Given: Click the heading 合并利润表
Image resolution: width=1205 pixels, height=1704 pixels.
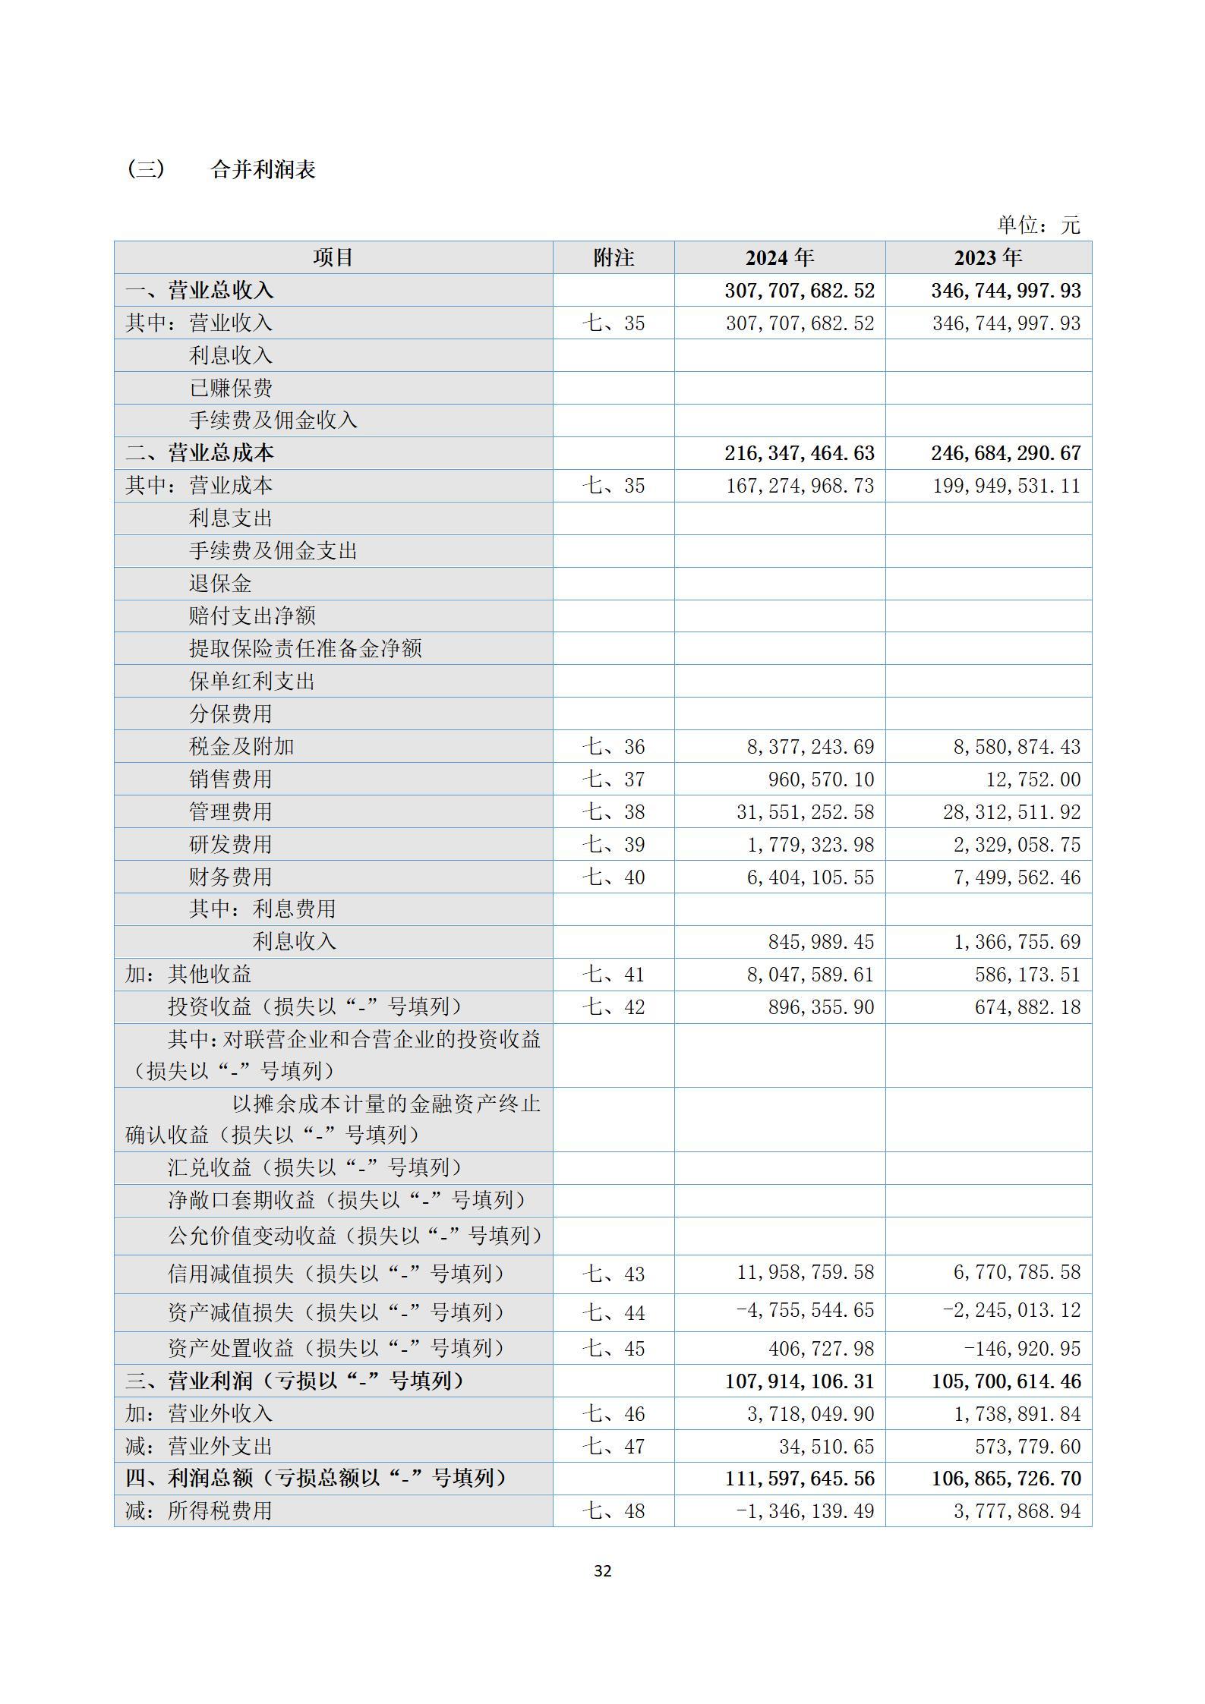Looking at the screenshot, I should (263, 169).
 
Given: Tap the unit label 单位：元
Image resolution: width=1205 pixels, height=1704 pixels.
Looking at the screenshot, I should (1037, 225).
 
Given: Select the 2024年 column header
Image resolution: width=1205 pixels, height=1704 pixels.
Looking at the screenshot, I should (779, 258).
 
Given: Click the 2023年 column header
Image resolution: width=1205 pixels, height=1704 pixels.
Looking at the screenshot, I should (988, 258).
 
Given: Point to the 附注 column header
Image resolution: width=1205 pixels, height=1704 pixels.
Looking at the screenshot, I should (613, 258).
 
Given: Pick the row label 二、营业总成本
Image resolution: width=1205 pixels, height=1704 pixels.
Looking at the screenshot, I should (200, 453).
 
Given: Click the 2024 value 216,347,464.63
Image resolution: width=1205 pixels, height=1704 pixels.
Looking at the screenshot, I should (799, 453).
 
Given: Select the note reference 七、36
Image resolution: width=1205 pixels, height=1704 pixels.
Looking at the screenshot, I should (613, 747).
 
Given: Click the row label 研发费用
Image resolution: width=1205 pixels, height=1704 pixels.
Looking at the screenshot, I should (230, 844).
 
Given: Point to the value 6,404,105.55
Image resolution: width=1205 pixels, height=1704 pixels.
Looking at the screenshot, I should (810, 877).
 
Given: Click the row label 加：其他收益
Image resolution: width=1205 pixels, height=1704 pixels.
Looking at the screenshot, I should (188, 974).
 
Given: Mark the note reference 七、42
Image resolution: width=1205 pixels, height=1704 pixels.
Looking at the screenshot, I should (613, 1007).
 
